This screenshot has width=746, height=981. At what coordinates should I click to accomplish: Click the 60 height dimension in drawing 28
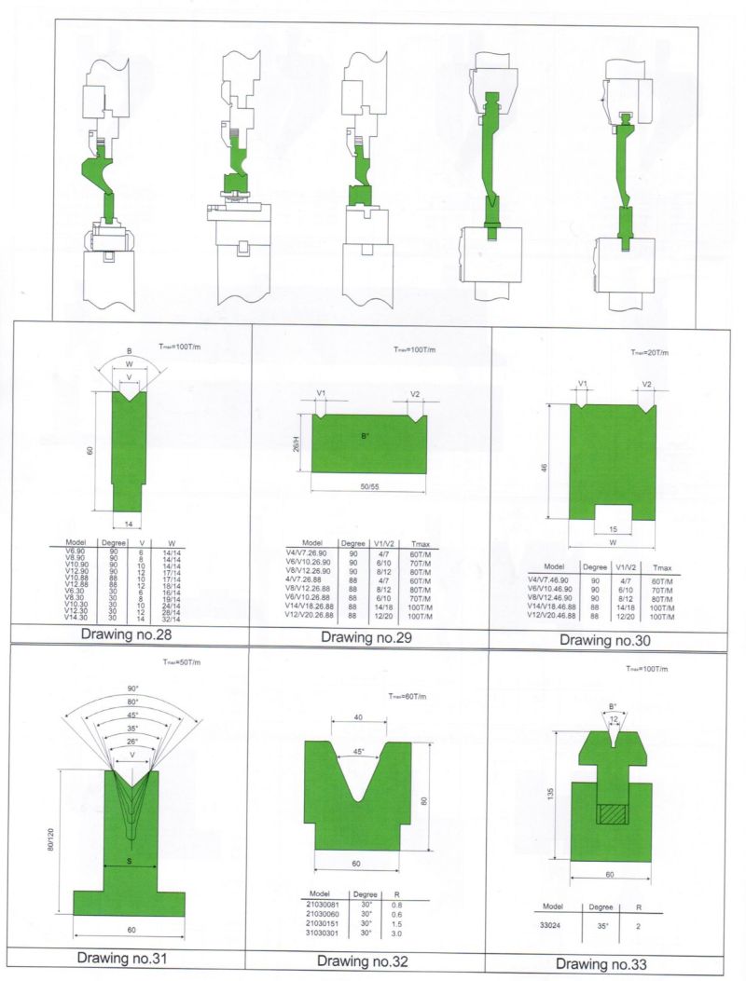coord(89,450)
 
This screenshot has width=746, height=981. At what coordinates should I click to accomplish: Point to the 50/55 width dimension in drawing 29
coord(366,488)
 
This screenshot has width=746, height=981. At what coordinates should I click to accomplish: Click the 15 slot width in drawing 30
coord(612,529)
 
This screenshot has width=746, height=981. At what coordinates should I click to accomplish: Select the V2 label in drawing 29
coord(414,394)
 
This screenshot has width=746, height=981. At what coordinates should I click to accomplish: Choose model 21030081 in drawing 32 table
coord(324,904)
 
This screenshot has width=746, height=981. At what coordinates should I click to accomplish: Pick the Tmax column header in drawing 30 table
coord(662,566)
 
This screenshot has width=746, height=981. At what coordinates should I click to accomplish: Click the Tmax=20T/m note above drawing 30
coord(646,353)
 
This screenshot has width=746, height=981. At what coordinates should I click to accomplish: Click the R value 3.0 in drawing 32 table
coord(398,933)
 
